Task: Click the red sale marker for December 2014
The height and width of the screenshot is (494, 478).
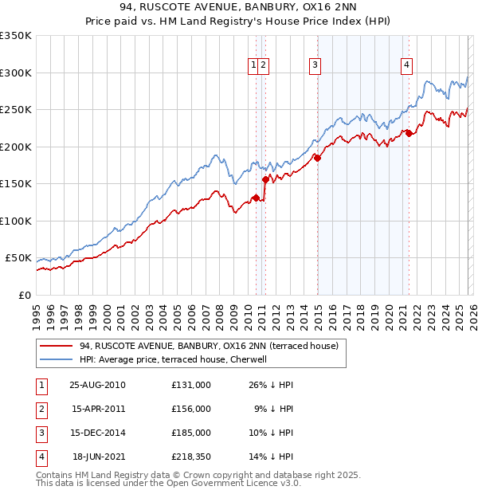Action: (x=317, y=159)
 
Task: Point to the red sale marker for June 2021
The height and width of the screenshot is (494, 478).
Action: (x=409, y=133)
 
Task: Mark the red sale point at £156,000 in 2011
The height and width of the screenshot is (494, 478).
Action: (x=264, y=180)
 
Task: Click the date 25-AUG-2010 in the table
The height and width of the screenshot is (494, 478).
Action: (x=97, y=384)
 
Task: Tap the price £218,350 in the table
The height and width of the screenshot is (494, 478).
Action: (x=190, y=457)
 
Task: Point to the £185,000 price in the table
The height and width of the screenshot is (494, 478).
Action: (x=190, y=433)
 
